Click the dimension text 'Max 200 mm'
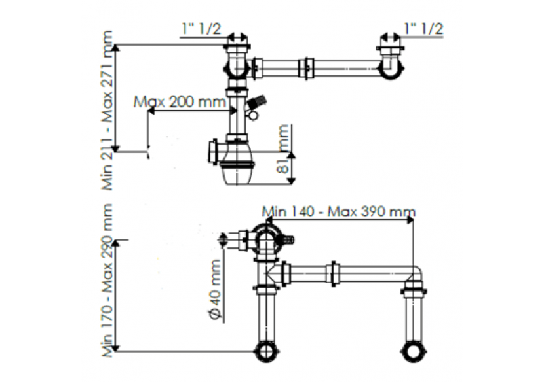[x=179, y=102]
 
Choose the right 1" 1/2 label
[x=424, y=28]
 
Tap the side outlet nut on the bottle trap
[x=212, y=152]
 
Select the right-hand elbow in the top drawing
[x=391, y=65]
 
